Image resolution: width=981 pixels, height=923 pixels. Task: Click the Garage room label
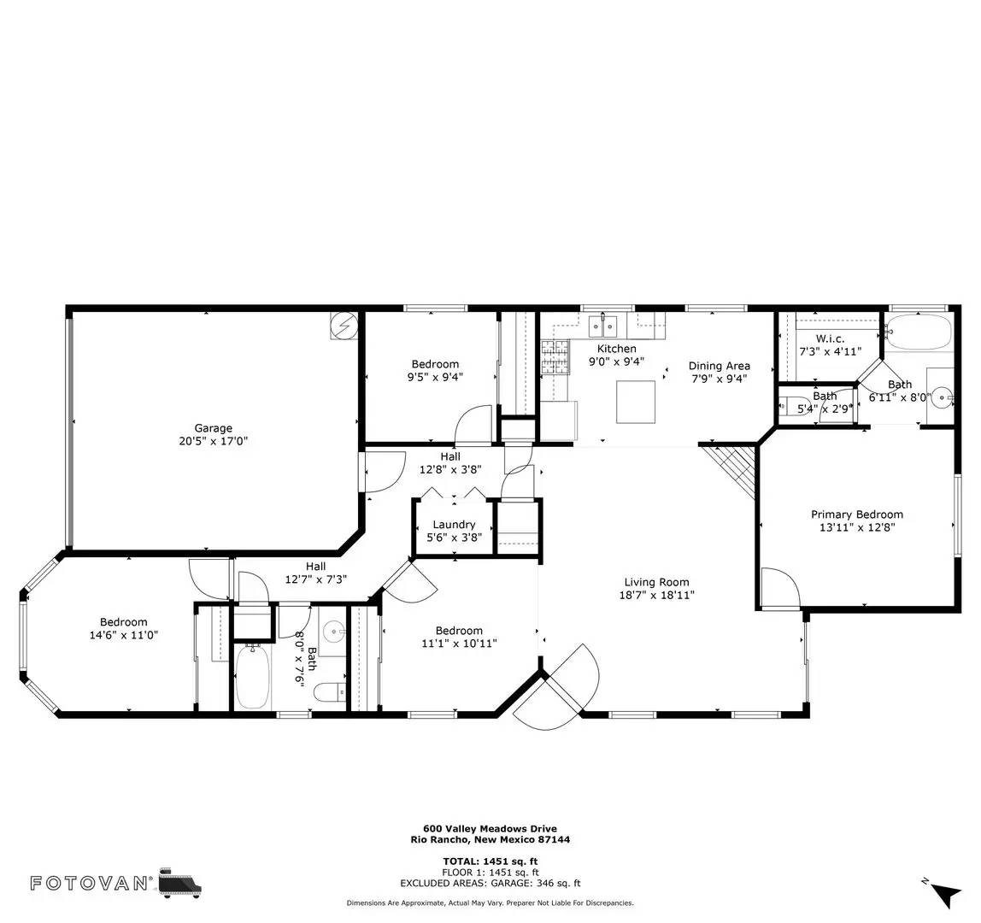point(213,428)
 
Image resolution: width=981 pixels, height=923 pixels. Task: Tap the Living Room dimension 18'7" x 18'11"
point(656,595)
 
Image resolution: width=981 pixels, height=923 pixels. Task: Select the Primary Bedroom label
point(856,514)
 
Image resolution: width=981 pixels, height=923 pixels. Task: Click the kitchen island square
point(637,402)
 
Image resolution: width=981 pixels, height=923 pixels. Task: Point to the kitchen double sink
point(603,325)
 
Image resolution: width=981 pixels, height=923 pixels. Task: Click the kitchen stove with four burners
point(555,357)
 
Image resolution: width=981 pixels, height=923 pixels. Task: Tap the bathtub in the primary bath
point(918,332)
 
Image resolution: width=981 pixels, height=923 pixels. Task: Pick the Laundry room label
point(454,525)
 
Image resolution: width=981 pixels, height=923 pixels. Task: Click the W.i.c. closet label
point(830,339)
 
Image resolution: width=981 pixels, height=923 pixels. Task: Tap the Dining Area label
point(720,366)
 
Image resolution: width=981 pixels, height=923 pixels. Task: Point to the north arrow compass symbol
point(943,893)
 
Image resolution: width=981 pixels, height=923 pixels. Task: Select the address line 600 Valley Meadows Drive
point(490,828)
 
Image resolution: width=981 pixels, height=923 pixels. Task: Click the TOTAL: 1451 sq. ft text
point(490,861)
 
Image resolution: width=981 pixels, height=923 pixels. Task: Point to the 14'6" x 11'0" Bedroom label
point(123,622)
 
